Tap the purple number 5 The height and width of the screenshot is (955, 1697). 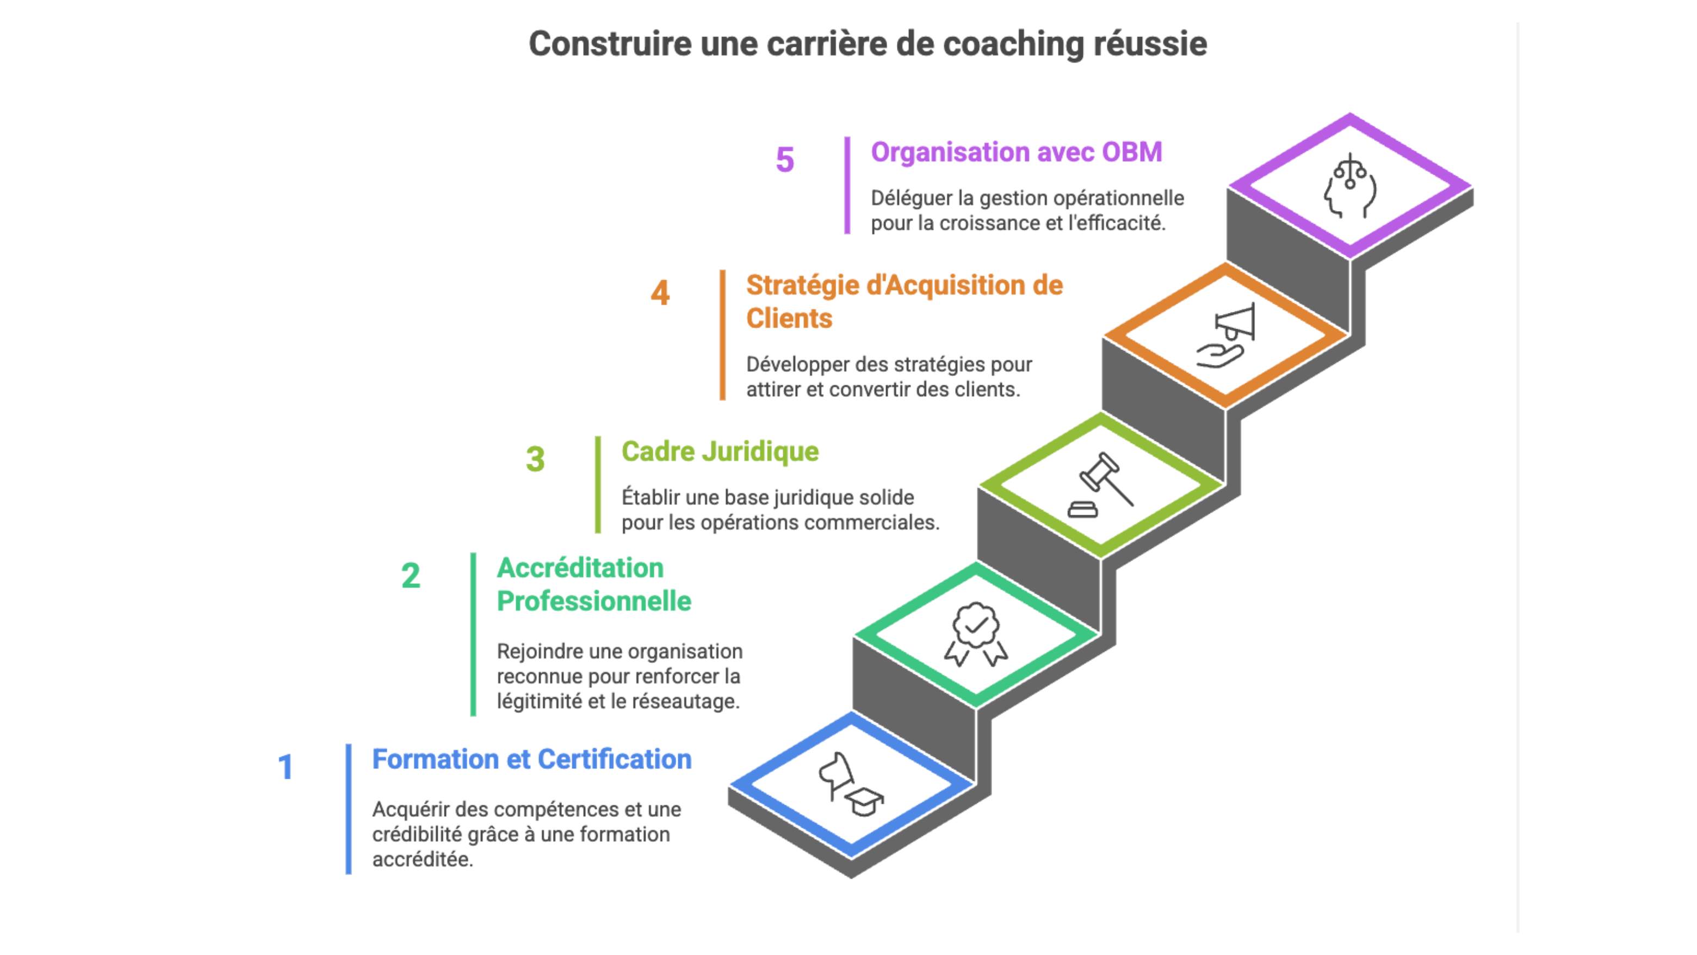(785, 159)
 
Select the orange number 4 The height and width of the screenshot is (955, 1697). (660, 293)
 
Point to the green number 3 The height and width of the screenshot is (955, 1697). (535, 459)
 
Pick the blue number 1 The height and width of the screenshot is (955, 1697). (285, 767)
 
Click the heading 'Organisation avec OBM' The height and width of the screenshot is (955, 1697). (1016, 152)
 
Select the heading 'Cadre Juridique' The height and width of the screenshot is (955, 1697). (720, 452)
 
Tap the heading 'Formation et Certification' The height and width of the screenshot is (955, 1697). (531, 759)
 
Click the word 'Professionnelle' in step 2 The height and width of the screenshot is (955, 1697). (593, 601)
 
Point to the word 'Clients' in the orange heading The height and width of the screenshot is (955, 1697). (789, 319)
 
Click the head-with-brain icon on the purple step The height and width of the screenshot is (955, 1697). (1350, 186)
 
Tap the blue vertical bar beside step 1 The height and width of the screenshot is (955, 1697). (349, 809)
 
